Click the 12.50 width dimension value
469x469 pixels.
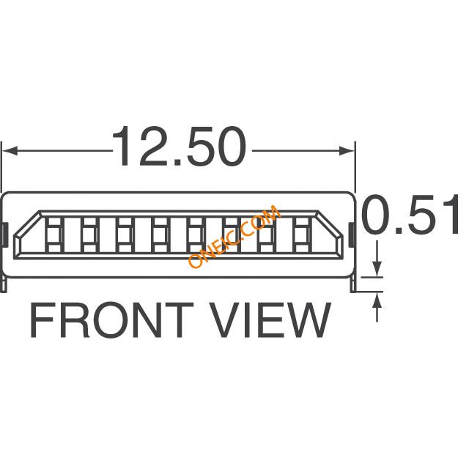(179, 147)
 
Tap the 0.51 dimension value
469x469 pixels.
(410, 214)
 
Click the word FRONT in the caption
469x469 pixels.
(111, 320)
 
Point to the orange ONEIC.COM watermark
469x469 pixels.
(234, 236)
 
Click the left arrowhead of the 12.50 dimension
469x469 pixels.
(10, 151)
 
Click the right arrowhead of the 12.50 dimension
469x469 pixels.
(347, 151)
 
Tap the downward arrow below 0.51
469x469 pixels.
(377, 259)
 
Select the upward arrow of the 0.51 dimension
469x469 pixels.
(377, 307)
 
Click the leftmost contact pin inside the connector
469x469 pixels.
(54, 234)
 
